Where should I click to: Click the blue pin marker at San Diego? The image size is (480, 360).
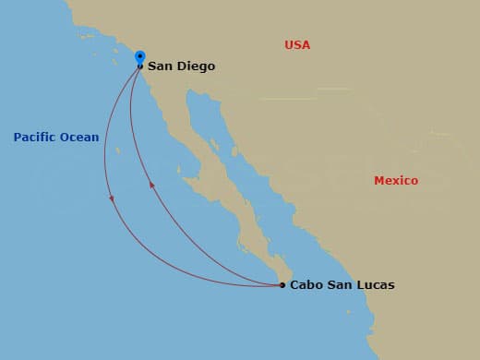pos(139,57)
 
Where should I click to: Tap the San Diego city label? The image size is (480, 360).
pos(182,66)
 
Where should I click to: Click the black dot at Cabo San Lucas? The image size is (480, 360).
pos(282,285)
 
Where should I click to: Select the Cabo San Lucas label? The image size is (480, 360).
pos(342,285)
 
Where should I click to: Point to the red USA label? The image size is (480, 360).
pos(297,45)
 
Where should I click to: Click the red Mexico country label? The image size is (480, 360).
pos(395,181)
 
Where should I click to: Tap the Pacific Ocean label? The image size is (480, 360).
pos(56,138)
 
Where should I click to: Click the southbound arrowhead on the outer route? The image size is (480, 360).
pos(111,198)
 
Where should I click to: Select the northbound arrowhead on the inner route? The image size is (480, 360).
pos(151,186)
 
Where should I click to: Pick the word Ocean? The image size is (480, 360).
pos(79,138)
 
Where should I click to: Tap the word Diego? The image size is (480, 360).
pos(197,66)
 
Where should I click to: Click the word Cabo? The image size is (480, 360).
pos(306,285)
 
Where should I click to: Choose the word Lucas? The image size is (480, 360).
pos(376,285)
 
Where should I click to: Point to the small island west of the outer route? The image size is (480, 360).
pos(117,150)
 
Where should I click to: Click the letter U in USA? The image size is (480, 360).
pos(289,45)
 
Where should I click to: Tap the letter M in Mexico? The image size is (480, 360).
pos(378,181)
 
